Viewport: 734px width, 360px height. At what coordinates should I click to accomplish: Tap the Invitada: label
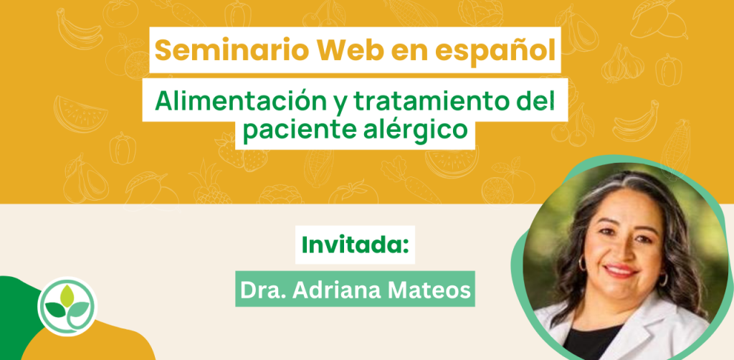click(x=356, y=245)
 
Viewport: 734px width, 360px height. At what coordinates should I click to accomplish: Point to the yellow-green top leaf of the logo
click(x=68, y=294)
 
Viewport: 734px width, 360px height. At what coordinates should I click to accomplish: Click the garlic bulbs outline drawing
click(x=623, y=65)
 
